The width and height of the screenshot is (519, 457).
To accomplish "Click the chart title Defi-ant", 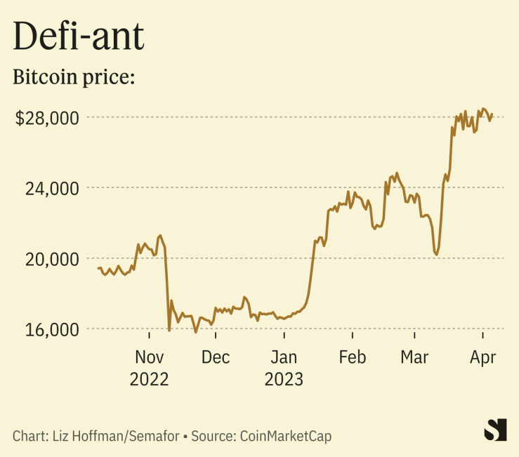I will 79,37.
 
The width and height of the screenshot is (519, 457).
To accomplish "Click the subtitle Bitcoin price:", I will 74,77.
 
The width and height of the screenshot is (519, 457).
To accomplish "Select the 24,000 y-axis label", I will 53,188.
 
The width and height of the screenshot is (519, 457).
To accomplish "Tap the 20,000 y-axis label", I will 53,259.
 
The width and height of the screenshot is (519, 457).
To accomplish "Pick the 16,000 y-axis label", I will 53,329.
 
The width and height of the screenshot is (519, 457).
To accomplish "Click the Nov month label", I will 149,357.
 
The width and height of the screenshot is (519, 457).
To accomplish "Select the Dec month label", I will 216,357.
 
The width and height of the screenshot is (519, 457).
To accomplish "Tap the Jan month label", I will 284,357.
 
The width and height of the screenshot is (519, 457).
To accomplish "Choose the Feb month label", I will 352,357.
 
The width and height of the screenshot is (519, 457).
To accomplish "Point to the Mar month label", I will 414,357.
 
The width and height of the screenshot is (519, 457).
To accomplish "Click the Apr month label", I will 483,357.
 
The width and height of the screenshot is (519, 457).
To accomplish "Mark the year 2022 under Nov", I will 149,380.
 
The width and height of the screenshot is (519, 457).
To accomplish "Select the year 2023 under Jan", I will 284,380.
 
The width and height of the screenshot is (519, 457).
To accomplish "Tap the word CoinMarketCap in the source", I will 286,436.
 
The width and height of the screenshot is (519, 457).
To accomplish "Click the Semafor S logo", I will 496,430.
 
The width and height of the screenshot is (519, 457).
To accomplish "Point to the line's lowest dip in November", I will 169,330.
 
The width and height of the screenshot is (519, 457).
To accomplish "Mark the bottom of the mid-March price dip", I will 436,254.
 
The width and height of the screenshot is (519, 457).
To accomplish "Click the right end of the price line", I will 492,114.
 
